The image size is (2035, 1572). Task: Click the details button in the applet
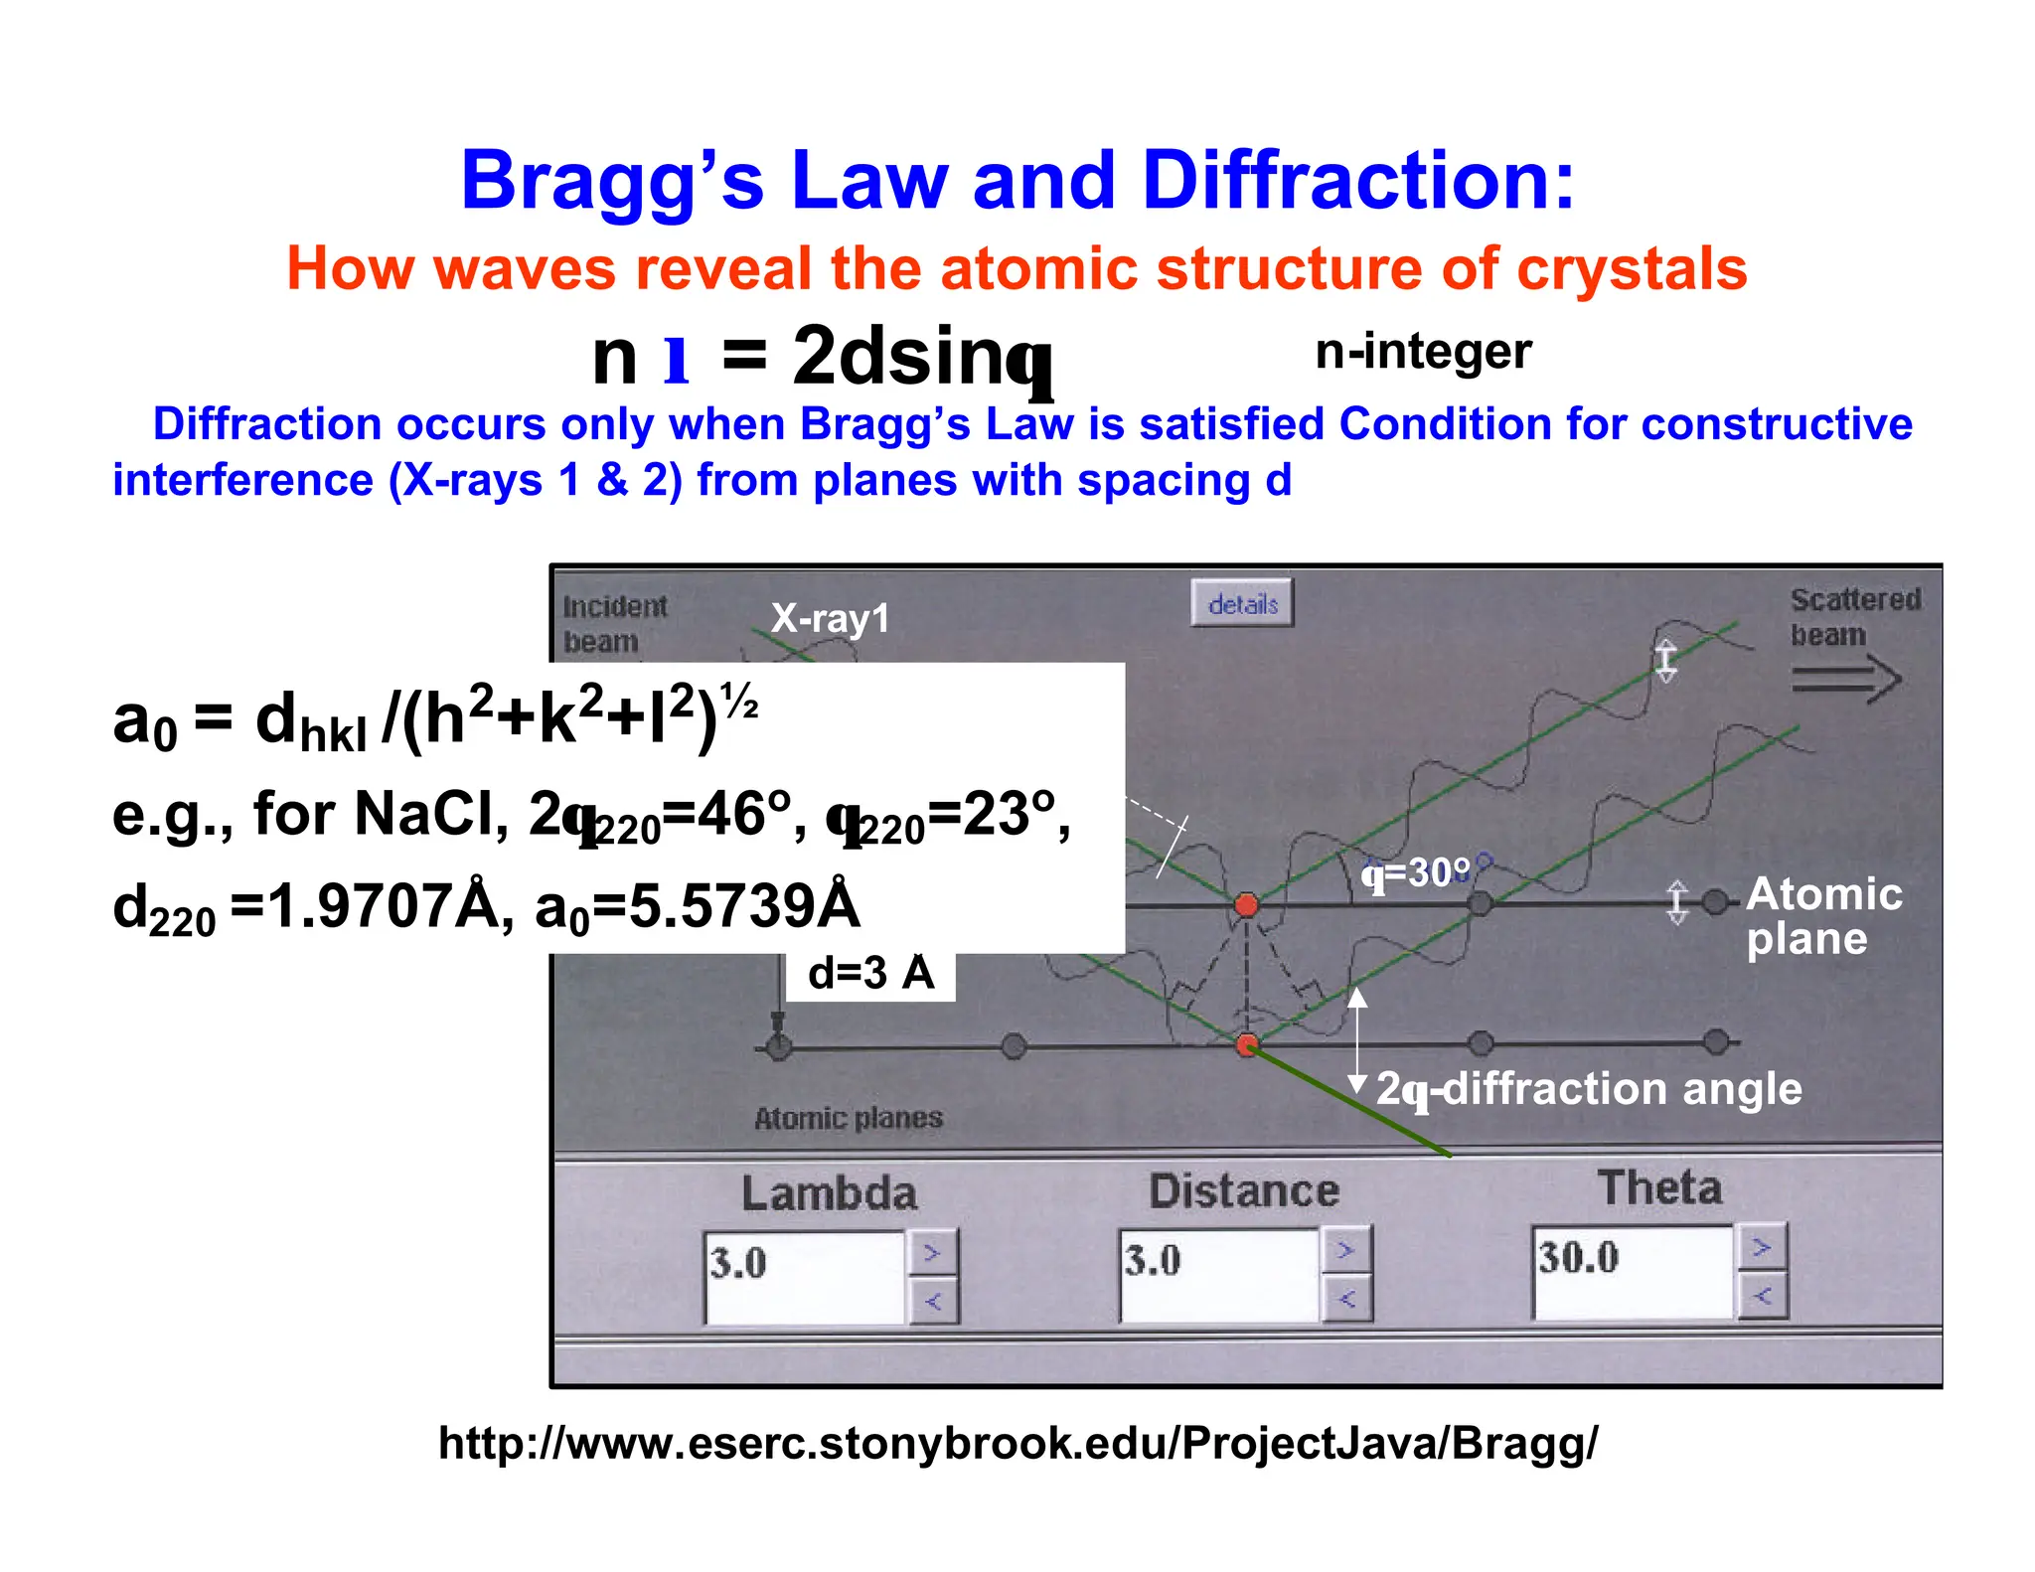[x=1242, y=603]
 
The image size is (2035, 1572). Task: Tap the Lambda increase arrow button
[x=932, y=1253]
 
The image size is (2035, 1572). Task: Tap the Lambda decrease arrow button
[x=932, y=1301]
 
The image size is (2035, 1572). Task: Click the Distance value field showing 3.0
[x=1218, y=1275]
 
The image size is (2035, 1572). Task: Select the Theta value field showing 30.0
[x=1632, y=1272]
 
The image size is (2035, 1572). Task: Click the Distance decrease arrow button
[x=1346, y=1299]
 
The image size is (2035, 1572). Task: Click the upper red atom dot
[x=1246, y=904]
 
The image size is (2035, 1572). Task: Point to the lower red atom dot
[x=1246, y=1044]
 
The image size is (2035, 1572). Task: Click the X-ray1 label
[x=830, y=618]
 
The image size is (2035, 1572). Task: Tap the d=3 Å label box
[x=870, y=974]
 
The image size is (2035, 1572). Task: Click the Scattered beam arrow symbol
[x=1846, y=681]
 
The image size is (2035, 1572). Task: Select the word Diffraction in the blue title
[x=1357, y=181]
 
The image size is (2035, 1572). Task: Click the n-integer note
[x=1422, y=352]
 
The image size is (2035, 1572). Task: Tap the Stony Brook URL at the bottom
[x=1017, y=1443]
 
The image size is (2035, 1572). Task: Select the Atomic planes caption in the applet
[x=848, y=1118]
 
